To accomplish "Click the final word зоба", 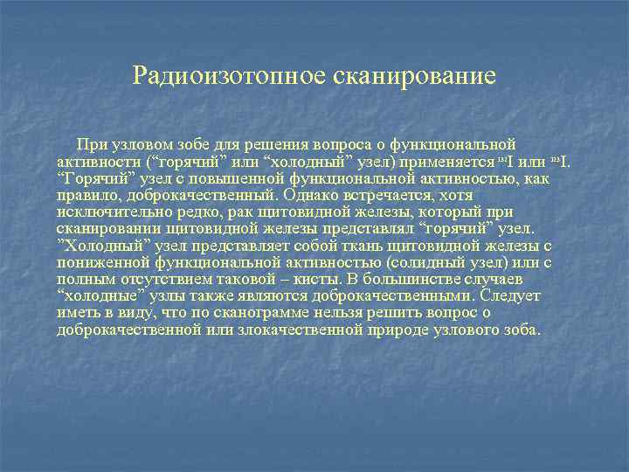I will click(x=522, y=330).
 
